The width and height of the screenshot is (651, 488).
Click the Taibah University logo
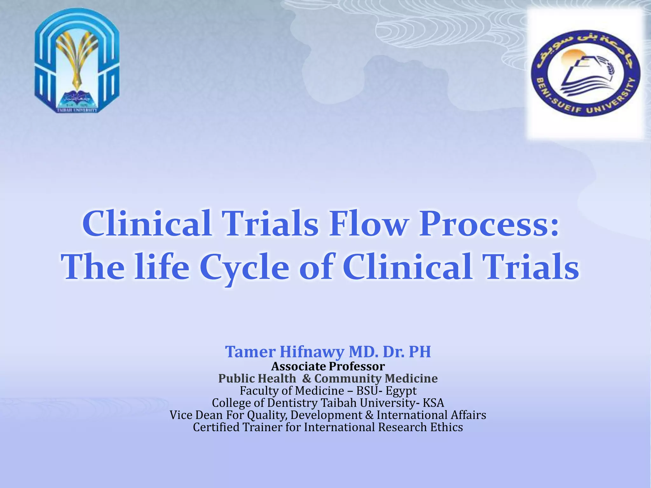click(x=77, y=60)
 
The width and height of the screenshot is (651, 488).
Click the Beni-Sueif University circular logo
click(x=586, y=73)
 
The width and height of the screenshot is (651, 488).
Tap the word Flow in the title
click(x=368, y=224)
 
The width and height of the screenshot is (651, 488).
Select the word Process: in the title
click(x=489, y=224)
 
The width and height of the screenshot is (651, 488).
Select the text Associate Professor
click(x=328, y=367)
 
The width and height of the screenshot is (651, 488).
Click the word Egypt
click(x=401, y=391)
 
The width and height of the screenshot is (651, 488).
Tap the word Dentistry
click(x=292, y=403)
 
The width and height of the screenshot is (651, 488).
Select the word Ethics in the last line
click(x=446, y=427)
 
